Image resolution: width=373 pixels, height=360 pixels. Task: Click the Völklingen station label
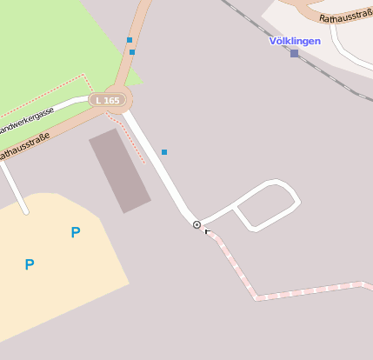[x=294, y=41]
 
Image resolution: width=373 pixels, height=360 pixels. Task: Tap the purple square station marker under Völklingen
[x=294, y=53]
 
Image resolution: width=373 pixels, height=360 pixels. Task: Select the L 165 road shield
[x=109, y=100]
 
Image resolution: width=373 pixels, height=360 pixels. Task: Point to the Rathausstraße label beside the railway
[x=344, y=16]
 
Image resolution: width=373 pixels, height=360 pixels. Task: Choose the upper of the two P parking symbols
[x=76, y=232]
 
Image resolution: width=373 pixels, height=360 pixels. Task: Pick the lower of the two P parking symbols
[x=30, y=264]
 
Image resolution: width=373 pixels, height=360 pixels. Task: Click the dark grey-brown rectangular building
[x=119, y=170]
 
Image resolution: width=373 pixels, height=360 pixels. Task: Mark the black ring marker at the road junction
[x=196, y=224]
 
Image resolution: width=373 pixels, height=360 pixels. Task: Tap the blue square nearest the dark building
[x=163, y=152]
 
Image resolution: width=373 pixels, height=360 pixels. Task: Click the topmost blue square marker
[x=130, y=40]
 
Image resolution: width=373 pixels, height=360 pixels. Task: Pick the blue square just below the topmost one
[x=132, y=52]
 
